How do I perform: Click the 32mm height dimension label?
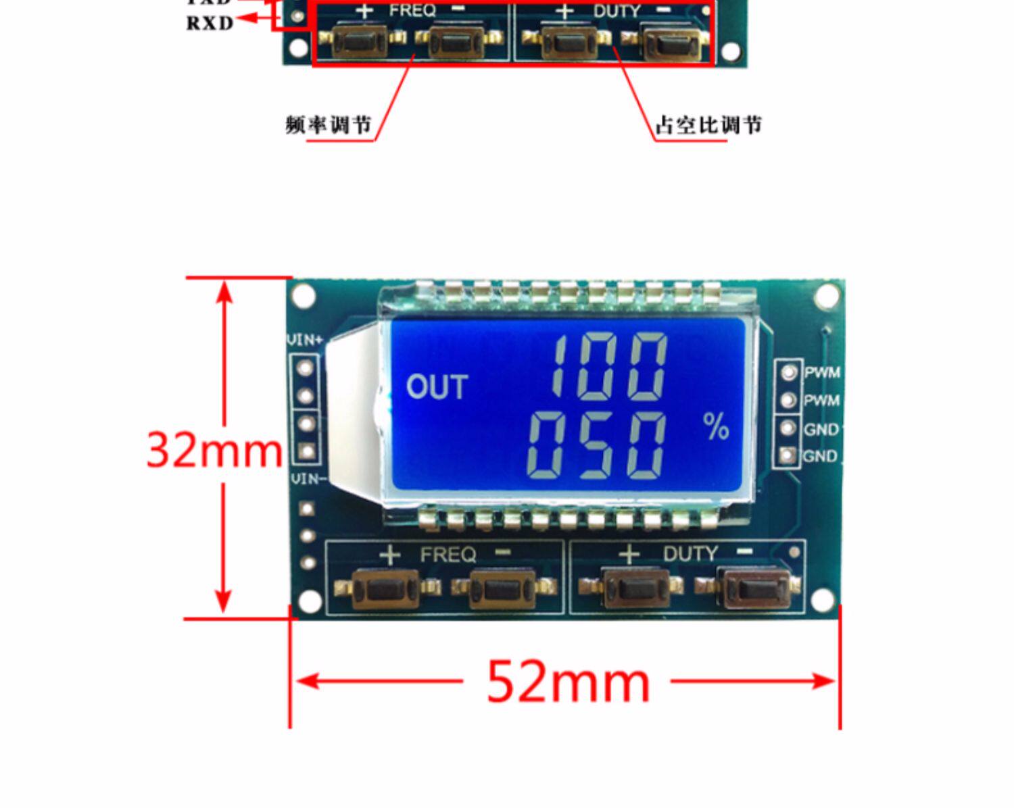pyautogui.click(x=214, y=450)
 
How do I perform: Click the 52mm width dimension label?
pyautogui.click(x=568, y=682)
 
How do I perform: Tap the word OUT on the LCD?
pyautogui.click(x=437, y=387)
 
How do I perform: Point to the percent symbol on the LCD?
pyautogui.click(x=716, y=426)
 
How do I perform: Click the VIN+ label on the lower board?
pyautogui.click(x=306, y=339)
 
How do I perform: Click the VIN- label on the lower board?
pyautogui.click(x=308, y=479)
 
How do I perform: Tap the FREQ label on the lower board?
pyautogui.click(x=448, y=555)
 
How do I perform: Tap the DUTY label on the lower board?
pyautogui.click(x=690, y=554)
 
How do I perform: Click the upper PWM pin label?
pyautogui.click(x=822, y=372)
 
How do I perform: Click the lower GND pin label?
pyautogui.click(x=820, y=457)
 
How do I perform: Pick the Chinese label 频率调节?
pyautogui.click(x=329, y=125)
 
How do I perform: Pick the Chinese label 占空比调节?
pyautogui.click(x=708, y=125)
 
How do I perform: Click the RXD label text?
pyautogui.click(x=210, y=23)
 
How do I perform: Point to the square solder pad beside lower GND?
pyautogui.click(x=787, y=456)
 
